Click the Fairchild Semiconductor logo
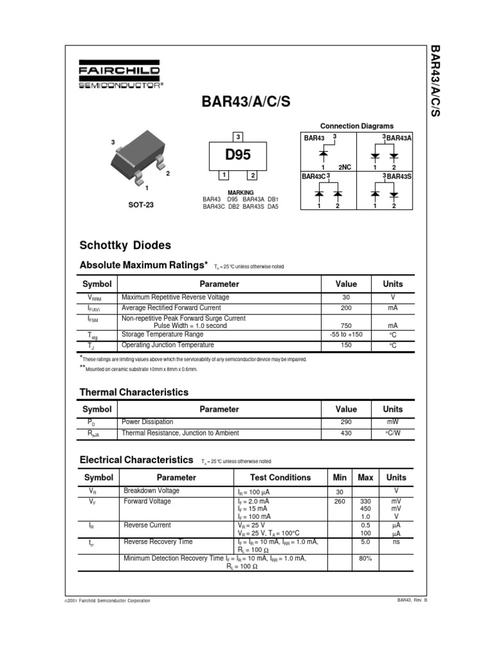click(x=120, y=76)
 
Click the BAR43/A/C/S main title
click(x=241, y=102)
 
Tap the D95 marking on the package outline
click(x=237, y=155)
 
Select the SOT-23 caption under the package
click(x=140, y=205)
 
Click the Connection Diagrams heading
click(x=357, y=126)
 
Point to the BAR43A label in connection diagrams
click(x=398, y=138)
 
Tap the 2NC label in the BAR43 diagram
click(x=345, y=167)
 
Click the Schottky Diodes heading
click(x=125, y=245)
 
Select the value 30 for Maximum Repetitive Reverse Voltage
click(x=346, y=297)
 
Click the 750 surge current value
click(x=346, y=325)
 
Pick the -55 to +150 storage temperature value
click(x=346, y=334)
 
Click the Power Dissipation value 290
click(x=346, y=422)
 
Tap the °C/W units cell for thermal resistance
click(x=393, y=433)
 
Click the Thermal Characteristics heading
click(x=133, y=391)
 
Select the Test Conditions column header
click(x=280, y=477)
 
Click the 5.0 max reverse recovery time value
click(x=365, y=541)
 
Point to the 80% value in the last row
click(x=365, y=558)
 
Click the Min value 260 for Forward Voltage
click(x=340, y=501)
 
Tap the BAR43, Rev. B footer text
click(x=412, y=600)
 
